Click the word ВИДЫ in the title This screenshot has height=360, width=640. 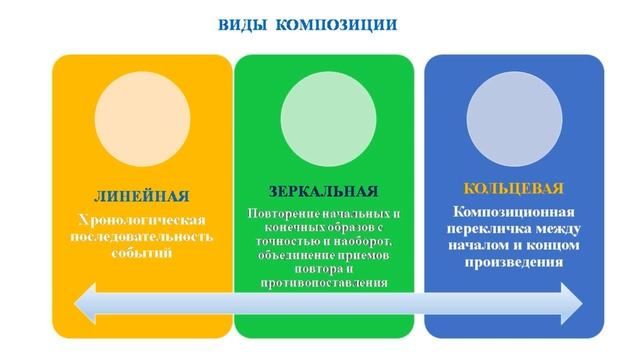(x=243, y=24)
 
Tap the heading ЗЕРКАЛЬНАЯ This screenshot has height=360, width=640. (x=323, y=191)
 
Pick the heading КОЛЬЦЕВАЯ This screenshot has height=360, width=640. (x=514, y=188)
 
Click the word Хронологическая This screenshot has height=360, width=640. (x=143, y=219)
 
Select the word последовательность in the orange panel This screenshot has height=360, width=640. (x=143, y=236)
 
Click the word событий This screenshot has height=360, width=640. (x=143, y=253)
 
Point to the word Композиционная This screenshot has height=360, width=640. (x=513, y=212)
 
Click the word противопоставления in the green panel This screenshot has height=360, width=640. (x=323, y=283)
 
